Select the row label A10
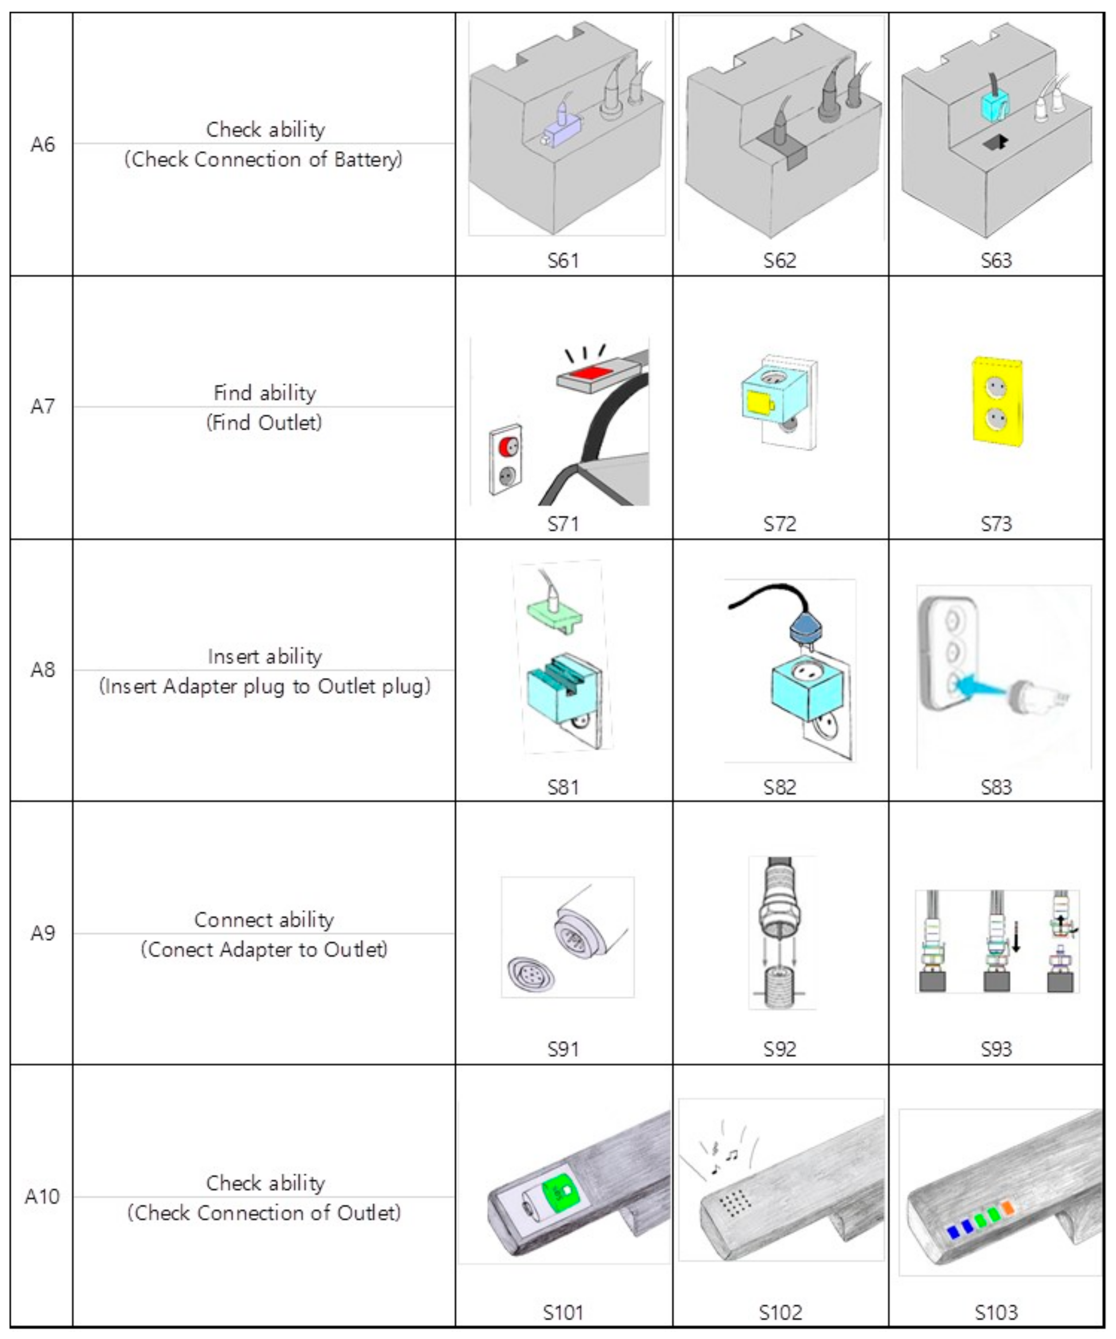tap(42, 1196)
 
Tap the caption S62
tap(779, 260)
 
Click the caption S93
tap(996, 1049)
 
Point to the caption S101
tap(562, 1312)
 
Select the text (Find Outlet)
tap(264, 422)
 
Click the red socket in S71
tap(508, 446)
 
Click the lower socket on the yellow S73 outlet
tap(996, 419)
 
